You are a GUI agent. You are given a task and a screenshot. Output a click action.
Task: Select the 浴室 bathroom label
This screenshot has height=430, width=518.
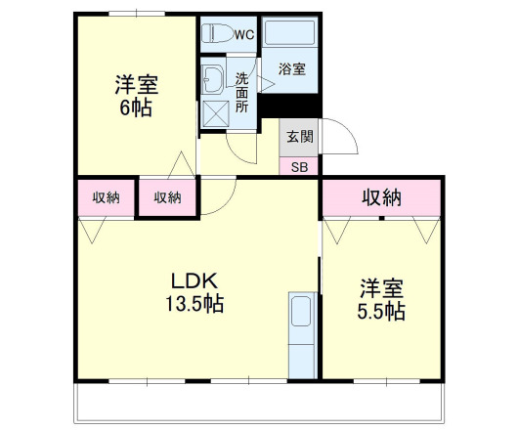pyautogui.click(x=290, y=69)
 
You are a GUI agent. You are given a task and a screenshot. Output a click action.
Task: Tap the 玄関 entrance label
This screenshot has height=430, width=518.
pyautogui.click(x=298, y=137)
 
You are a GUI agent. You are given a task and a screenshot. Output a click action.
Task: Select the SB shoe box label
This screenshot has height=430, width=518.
pyautogui.click(x=298, y=166)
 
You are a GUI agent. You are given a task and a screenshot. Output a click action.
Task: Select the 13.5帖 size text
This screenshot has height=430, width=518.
pyautogui.click(x=194, y=304)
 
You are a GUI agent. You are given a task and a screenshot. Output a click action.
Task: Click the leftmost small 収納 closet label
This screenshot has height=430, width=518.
pyautogui.click(x=107, y=197)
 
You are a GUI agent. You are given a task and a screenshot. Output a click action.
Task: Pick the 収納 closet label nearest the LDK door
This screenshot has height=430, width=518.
pyautogui.click(x=167, y=197)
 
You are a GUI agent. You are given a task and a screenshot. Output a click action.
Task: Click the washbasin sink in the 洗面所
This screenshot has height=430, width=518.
pyautogui.click(x=212, y=82)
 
